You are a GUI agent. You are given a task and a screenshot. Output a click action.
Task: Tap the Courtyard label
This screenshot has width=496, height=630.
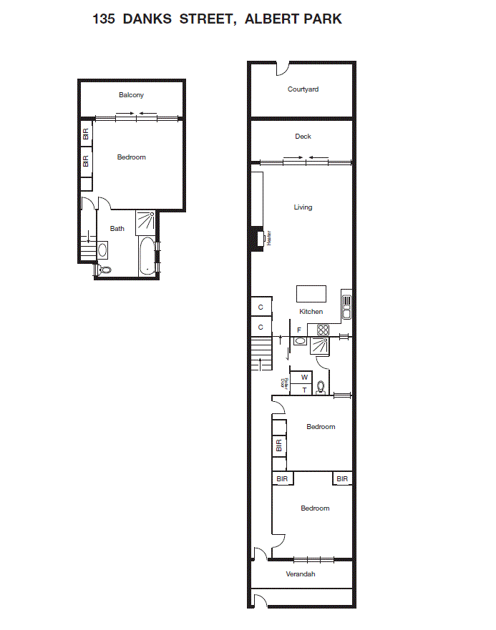tap(303, 89)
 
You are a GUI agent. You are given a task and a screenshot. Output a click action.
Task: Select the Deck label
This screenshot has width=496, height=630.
tap(303, 137)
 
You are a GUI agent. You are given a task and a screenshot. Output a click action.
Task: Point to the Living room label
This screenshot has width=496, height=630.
tap(303, 207)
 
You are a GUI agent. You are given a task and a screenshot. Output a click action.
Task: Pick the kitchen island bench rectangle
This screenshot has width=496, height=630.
tap(311, 294)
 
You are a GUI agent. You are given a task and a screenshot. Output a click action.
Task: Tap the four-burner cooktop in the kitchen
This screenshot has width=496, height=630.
tap(323, 330)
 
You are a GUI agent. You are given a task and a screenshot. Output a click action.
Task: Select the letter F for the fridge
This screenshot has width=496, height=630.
tap(298, 330)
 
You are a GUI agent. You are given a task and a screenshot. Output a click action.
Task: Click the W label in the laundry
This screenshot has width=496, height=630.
tap(304, 377)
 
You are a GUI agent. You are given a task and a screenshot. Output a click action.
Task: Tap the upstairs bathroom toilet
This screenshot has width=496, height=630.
tap(106, 270)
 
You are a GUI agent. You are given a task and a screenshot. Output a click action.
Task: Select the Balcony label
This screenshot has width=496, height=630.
tap(132, 95)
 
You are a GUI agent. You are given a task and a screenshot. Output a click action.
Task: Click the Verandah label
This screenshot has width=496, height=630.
tap(301, 574)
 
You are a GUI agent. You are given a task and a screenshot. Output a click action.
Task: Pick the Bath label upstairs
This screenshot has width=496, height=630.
tap(117, 229)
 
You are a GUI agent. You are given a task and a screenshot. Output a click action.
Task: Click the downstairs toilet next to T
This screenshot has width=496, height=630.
tap(321, 388)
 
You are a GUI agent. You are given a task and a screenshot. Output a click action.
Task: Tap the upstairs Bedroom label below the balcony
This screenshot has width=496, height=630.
tap(132, 157)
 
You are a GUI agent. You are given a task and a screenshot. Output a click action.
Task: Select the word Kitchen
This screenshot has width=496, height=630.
tap(311, 312)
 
